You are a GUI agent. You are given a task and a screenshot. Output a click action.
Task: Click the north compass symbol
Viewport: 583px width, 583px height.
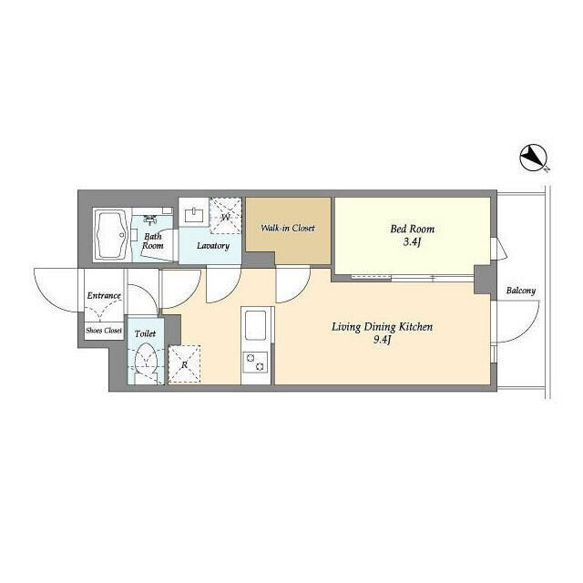coord(533,159)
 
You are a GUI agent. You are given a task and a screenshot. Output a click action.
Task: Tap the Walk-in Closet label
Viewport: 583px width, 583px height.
coord(288,228)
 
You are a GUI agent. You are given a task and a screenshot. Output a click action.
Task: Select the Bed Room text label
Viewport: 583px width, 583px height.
coord(413,229)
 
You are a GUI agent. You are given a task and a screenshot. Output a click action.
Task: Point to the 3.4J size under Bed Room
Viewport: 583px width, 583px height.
coord(412,243)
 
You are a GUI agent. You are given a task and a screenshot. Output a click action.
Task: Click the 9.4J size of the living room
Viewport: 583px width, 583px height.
coord(382,341)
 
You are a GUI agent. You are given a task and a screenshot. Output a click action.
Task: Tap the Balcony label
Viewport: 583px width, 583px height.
coord(521,291)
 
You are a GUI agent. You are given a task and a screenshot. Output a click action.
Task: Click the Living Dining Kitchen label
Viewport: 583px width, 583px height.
coord(383,327)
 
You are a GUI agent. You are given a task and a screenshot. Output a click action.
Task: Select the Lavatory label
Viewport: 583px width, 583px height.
coord(213,245)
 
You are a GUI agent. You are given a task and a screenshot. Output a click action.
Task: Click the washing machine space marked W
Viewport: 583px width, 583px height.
coord(225,216)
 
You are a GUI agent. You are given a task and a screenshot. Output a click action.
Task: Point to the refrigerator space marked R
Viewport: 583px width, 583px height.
coord(184,364)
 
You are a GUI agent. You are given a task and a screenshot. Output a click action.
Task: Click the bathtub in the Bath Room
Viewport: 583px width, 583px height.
coord(111,235)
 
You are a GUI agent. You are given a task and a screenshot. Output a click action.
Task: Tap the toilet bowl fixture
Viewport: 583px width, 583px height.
coord(146,359)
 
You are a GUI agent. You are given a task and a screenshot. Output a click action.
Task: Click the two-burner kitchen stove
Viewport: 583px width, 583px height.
coord(255,362)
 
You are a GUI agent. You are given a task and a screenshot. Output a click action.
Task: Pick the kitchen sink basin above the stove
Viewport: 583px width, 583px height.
coord(255,324)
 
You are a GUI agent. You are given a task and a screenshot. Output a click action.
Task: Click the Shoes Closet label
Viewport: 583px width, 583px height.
coord(104,330)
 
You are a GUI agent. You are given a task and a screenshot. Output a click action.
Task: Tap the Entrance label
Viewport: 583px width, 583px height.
coord(104,295)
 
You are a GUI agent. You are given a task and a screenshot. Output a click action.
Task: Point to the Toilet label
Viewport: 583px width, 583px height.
coord(146,333)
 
